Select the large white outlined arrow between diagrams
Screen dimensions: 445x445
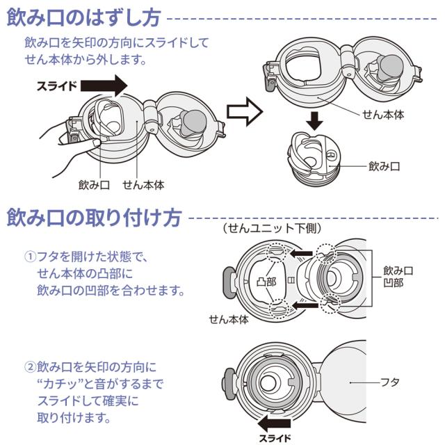(x=243, y=110)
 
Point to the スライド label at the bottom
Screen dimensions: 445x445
(x=275, y=438)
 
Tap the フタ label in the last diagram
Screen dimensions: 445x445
(x=389, y=382)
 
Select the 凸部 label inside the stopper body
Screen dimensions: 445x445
(x=266, y=282)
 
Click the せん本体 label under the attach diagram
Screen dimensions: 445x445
(x=229, y=320)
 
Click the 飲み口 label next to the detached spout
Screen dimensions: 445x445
(x=385, y=167)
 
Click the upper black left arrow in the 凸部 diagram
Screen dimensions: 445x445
(x=301, y=254)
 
